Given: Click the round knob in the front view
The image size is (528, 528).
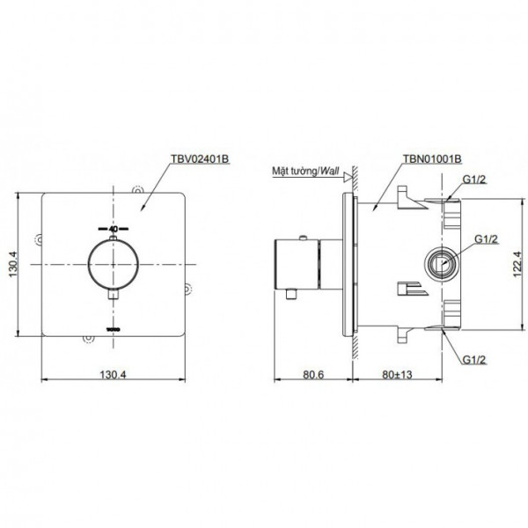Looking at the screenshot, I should pyautogui.click(x=115, y=265).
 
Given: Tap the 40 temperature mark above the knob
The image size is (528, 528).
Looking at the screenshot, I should pyautogui.click(x=114, y=229).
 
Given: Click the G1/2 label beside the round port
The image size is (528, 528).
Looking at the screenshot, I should pyautogui.click(x=486, y=238).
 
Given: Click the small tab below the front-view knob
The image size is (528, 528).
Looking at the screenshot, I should pyautogui.click(x=115, y=300).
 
